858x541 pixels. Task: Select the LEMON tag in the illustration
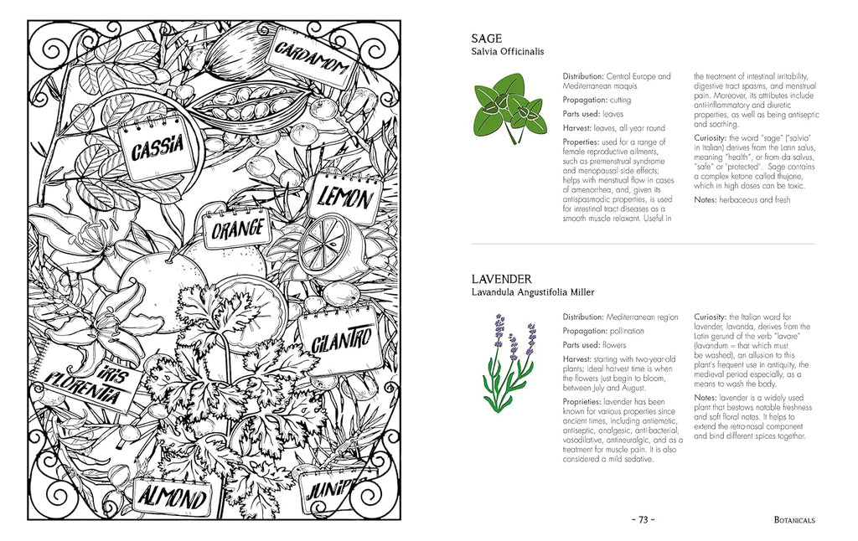[344, 198]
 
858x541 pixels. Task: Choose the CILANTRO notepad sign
[339, 341]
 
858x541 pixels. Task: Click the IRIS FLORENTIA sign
[84, 387]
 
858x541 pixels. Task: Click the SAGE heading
[487, 38]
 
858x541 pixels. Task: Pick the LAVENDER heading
[501, 278]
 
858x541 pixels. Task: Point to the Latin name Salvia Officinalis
[507, 52]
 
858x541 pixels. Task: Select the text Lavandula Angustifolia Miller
[532, 292]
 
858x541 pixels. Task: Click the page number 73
[643, 519]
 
